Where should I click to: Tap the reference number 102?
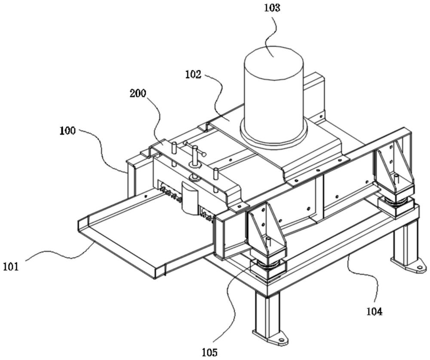click(193, 74)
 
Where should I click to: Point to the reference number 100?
click(68, 131)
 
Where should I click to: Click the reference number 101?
click(11, 267)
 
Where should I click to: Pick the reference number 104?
click(373, 310)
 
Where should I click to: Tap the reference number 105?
click(209, 352)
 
